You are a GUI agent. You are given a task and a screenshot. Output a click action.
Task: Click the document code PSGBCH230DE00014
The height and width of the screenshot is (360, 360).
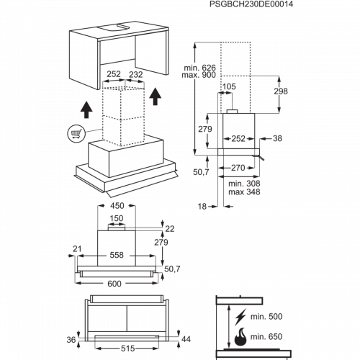point(251,4)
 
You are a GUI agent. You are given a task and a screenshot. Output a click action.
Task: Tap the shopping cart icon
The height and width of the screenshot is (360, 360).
point(76,133)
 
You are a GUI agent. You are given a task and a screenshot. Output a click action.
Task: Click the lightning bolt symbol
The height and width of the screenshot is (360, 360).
point(240,317)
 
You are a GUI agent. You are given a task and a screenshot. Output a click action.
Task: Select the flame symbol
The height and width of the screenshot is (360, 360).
point(240,337)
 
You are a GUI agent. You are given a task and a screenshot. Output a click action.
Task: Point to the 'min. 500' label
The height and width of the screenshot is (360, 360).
point(266,317)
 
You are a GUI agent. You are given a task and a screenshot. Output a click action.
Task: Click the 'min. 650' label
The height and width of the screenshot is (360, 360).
point(266,337)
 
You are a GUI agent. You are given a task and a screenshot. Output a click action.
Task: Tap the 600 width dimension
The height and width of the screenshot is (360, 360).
point(114,284)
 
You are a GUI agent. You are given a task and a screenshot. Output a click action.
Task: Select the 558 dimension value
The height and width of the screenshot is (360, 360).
point(117,255)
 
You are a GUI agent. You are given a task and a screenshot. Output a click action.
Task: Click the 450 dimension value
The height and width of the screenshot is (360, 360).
point(117,206)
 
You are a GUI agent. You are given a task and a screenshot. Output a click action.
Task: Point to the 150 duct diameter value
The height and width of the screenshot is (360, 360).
point(117,218)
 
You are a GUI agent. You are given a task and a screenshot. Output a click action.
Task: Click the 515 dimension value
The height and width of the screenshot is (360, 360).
point(127,348)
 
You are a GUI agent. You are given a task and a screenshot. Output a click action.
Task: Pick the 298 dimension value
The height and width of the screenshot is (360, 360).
point(281,91)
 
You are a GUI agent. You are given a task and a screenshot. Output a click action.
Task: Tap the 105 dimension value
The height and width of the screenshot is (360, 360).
point(229,86)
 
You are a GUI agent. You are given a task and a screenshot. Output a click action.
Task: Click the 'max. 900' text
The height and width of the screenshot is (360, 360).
point(199,75)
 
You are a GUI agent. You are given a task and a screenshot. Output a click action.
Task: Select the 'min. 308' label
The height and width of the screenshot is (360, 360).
point(244,184)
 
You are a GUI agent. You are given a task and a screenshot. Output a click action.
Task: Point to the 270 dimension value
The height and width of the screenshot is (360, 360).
point(238,168)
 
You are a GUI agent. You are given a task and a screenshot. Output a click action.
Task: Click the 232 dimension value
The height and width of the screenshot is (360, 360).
point(136,74)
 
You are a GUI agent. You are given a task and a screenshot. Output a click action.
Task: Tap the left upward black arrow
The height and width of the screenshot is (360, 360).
point(86,109)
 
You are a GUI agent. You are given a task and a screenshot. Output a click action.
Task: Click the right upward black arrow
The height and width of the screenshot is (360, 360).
point(156,96)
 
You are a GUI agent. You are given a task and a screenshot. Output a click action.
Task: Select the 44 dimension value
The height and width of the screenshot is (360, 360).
point(186,339)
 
